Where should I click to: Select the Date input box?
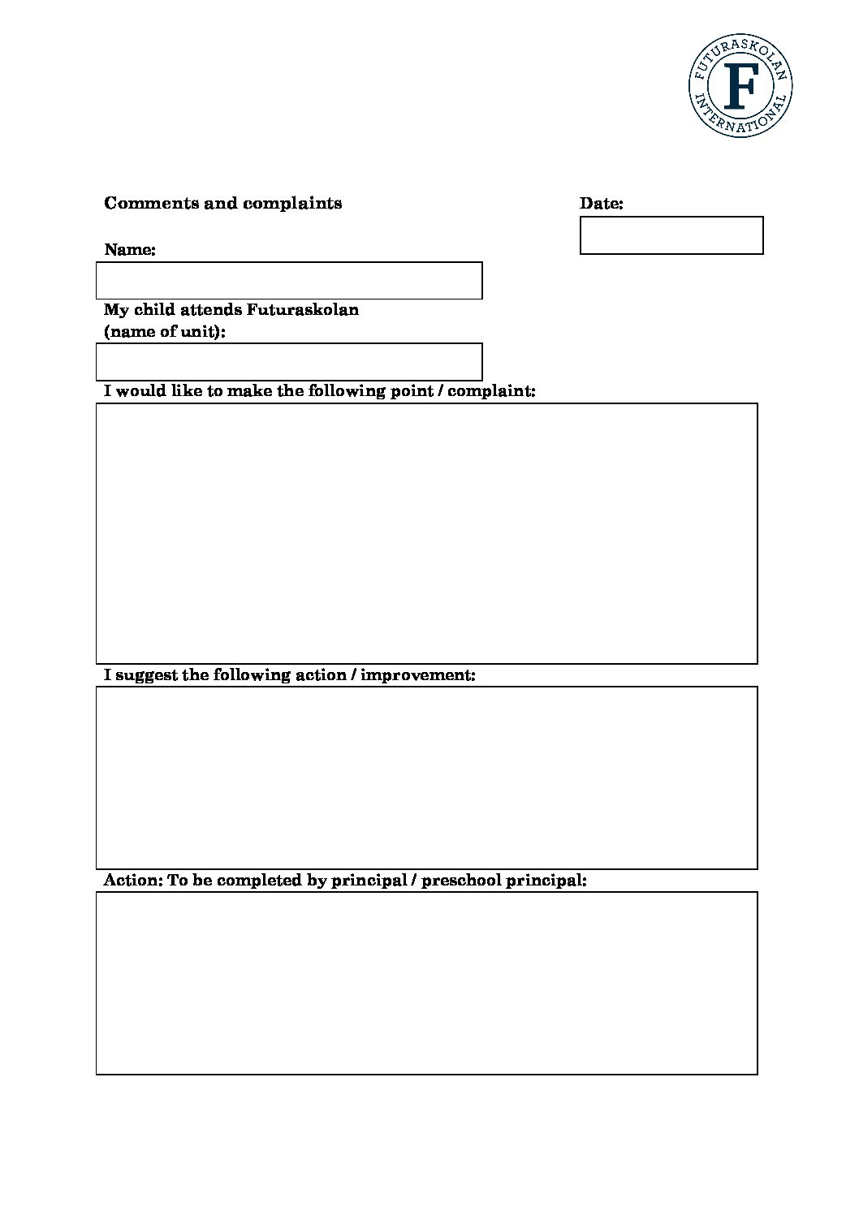(671, 235)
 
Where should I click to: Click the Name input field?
(289, 280)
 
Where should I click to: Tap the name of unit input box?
(289, 361)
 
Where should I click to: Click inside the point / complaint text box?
(426, 533)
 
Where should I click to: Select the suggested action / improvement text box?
(426, 778)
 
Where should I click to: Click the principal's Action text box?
(426, 983)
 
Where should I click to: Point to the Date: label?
(601, 204)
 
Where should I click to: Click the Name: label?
(130, 250)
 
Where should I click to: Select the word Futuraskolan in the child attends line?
(303, 310)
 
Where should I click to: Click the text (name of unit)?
(165, 332)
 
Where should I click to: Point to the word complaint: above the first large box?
(491, 391)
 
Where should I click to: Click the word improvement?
(417, 675)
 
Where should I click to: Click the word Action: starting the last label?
(133, 881)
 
